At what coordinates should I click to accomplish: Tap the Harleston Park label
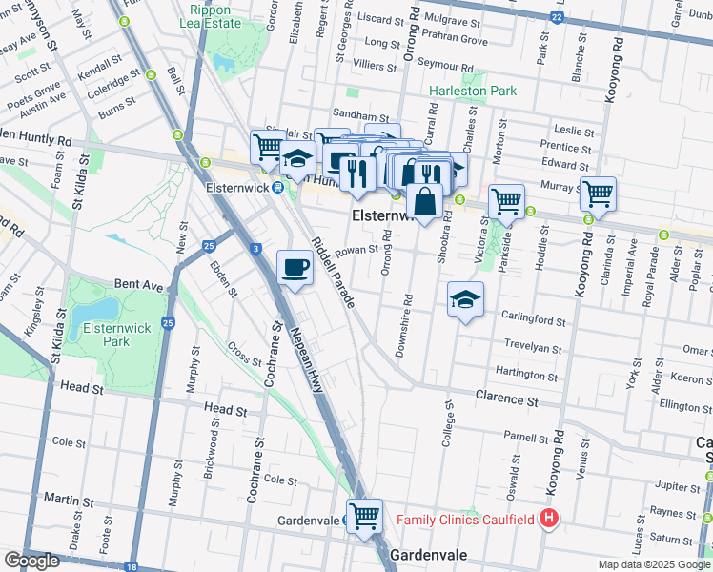473,92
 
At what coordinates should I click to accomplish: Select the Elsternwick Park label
106,334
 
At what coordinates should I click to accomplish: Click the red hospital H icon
549,520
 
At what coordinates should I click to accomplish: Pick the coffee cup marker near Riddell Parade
295,268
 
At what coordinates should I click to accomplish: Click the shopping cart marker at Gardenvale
364,517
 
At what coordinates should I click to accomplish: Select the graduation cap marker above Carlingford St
465,300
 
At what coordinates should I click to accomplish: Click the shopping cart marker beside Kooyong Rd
598,194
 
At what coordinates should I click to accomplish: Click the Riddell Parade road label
333,271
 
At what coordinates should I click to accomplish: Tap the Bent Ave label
139,284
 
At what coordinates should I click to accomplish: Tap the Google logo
32,561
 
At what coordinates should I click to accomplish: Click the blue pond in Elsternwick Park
94,310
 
